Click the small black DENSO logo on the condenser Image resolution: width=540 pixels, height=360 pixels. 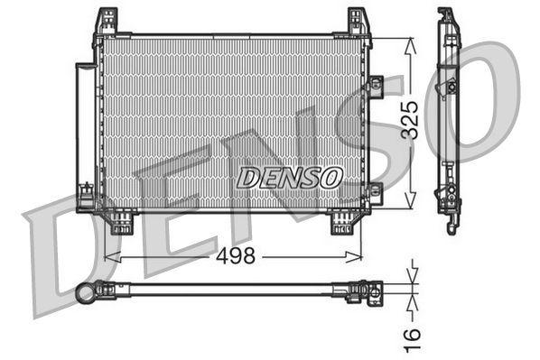288,178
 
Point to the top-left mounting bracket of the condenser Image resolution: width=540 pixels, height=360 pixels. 107,22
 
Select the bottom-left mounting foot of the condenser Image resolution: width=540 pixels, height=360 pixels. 121,221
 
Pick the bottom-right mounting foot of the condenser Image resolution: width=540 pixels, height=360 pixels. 345,221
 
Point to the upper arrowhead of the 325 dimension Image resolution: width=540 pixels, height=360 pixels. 412,43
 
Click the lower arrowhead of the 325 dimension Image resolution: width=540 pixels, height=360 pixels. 412,205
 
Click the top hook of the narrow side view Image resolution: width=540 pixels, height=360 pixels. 446,16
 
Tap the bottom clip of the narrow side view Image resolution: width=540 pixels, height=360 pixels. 449,222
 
